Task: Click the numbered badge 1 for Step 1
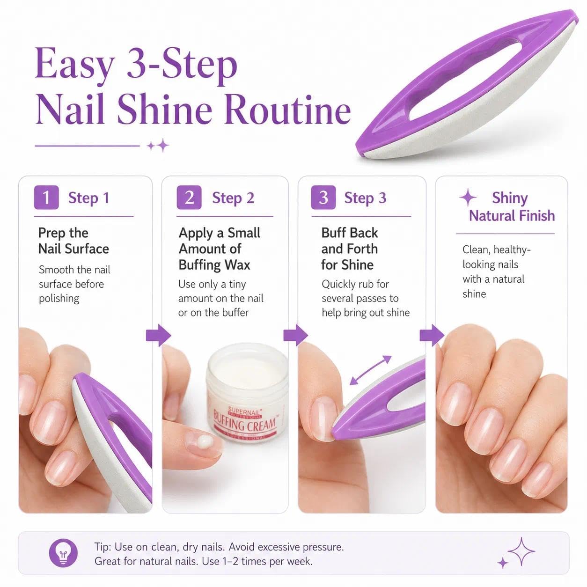tap(46, 198)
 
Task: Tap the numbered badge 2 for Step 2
tap(189, 198)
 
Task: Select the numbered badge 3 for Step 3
tap(323, 198)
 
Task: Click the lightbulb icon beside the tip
tap(63, 553)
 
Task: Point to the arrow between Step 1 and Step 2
tap(158, 335)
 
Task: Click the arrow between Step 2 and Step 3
tap(295, 335)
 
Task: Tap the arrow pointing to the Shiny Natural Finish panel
tap(432, 335)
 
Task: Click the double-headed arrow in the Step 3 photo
tap(370, 370)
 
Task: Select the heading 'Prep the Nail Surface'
tap(73, 241)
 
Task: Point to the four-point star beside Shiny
tap(468, 198)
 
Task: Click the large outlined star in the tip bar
tap(521, 551)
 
